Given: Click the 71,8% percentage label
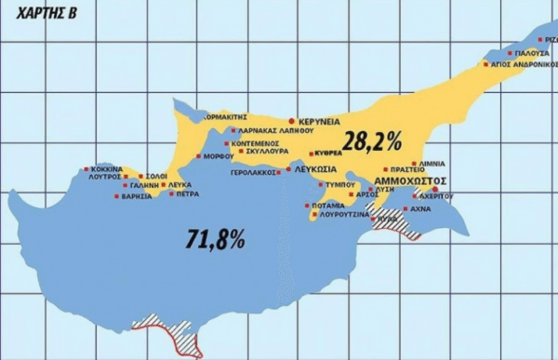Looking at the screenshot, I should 213,239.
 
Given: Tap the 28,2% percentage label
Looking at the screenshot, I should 371,141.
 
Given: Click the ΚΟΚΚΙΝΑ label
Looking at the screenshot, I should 105,169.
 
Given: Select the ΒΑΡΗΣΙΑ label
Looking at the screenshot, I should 137,196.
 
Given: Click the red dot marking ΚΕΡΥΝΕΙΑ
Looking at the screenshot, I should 292,122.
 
